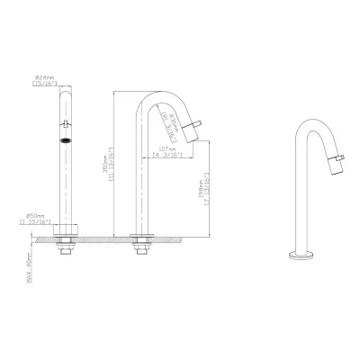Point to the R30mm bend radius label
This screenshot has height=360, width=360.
tap(167, 115)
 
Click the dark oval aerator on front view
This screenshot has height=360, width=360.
tap(64, 141)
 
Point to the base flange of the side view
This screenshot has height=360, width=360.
tap(140, 237)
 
